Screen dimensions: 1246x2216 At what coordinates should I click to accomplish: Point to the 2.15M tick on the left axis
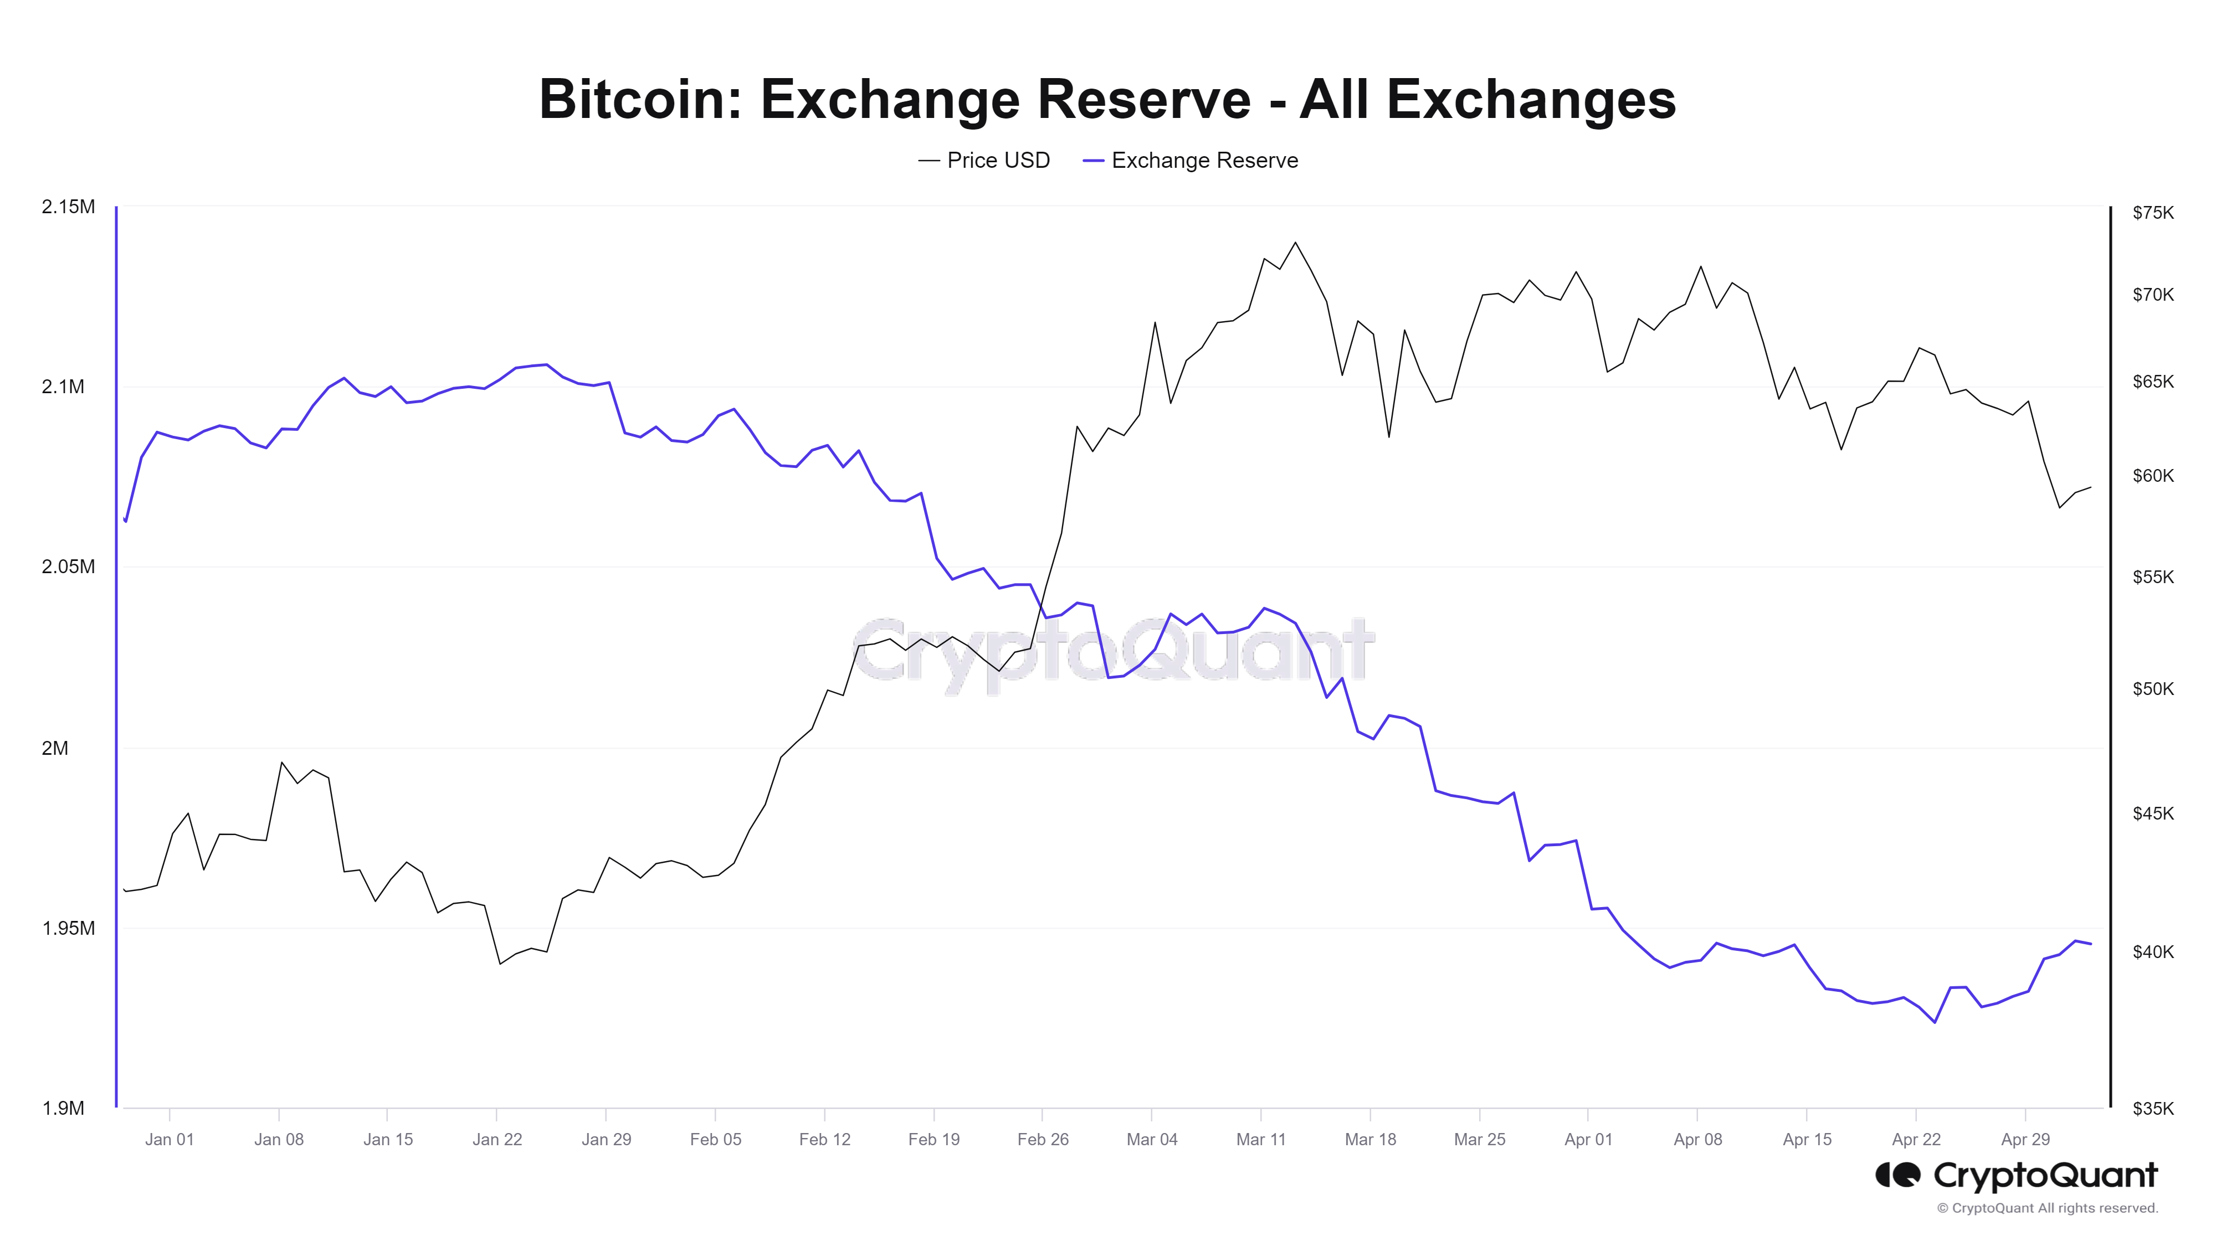[x=68, y=207]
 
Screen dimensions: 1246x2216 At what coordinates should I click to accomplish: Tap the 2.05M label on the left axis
[x=68, y=567]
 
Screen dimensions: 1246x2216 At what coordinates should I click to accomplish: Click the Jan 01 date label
[x=170, y=1139]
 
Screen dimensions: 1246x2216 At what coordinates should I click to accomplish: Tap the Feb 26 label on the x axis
[x=1043, y=1139]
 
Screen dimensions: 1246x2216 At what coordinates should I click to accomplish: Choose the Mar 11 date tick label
[x=1260, y=1139]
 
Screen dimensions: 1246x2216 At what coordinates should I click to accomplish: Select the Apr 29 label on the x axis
[x=2025, y=1139]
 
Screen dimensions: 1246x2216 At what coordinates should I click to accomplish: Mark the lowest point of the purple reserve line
[x=1935, y=1022]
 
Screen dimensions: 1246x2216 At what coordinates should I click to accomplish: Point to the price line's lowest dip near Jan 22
[x=500, y=964]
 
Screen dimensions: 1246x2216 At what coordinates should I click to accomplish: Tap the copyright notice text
[x=2048, y=1208]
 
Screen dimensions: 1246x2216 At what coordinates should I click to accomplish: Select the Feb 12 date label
[x=824, y=1139]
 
